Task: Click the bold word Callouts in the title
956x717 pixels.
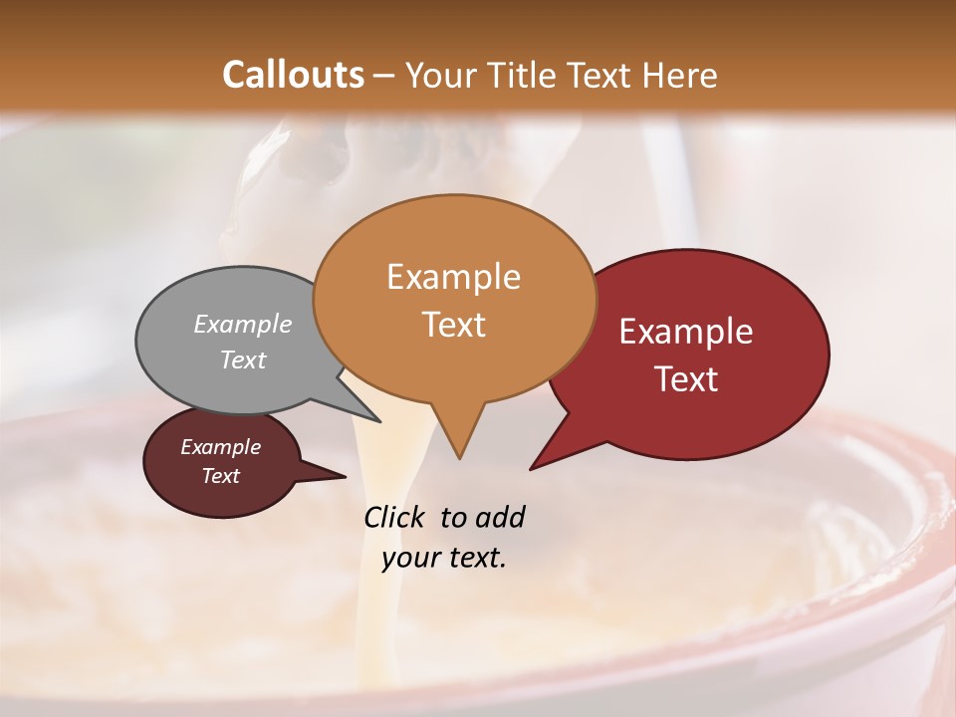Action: coord(293,75)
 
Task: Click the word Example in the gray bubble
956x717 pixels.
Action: coord(243,324)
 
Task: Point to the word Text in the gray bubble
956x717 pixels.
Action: coord(243,359)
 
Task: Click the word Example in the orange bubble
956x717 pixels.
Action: coord(453,277)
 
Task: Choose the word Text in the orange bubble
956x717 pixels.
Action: coord(453,324)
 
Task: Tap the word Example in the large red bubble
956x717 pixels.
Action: coord(686,332)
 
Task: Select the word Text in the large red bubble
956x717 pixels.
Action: coord(686,378)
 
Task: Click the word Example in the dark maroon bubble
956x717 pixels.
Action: coord(220,447)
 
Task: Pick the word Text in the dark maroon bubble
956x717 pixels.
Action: coord(220,476)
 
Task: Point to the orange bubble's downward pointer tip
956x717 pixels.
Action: coord(459,457)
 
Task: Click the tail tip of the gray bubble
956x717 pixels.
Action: coord(379,421)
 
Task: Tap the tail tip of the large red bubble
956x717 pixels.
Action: coord(532,467)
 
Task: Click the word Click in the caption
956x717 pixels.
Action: coord(396,517)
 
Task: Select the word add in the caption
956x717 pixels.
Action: coord(500,517)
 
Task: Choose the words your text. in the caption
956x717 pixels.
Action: coord(443,558)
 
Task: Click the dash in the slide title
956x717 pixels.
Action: coord(384,76)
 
